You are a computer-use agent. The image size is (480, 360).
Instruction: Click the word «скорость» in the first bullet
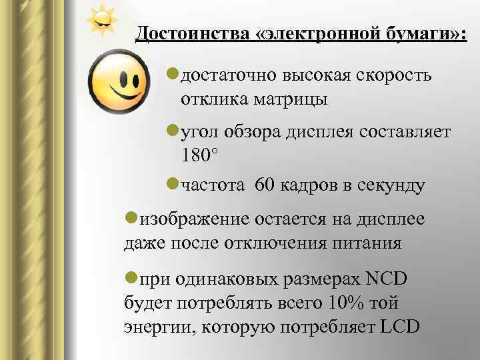[396, 76]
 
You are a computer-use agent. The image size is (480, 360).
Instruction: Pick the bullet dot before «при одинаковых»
[132, 279]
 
